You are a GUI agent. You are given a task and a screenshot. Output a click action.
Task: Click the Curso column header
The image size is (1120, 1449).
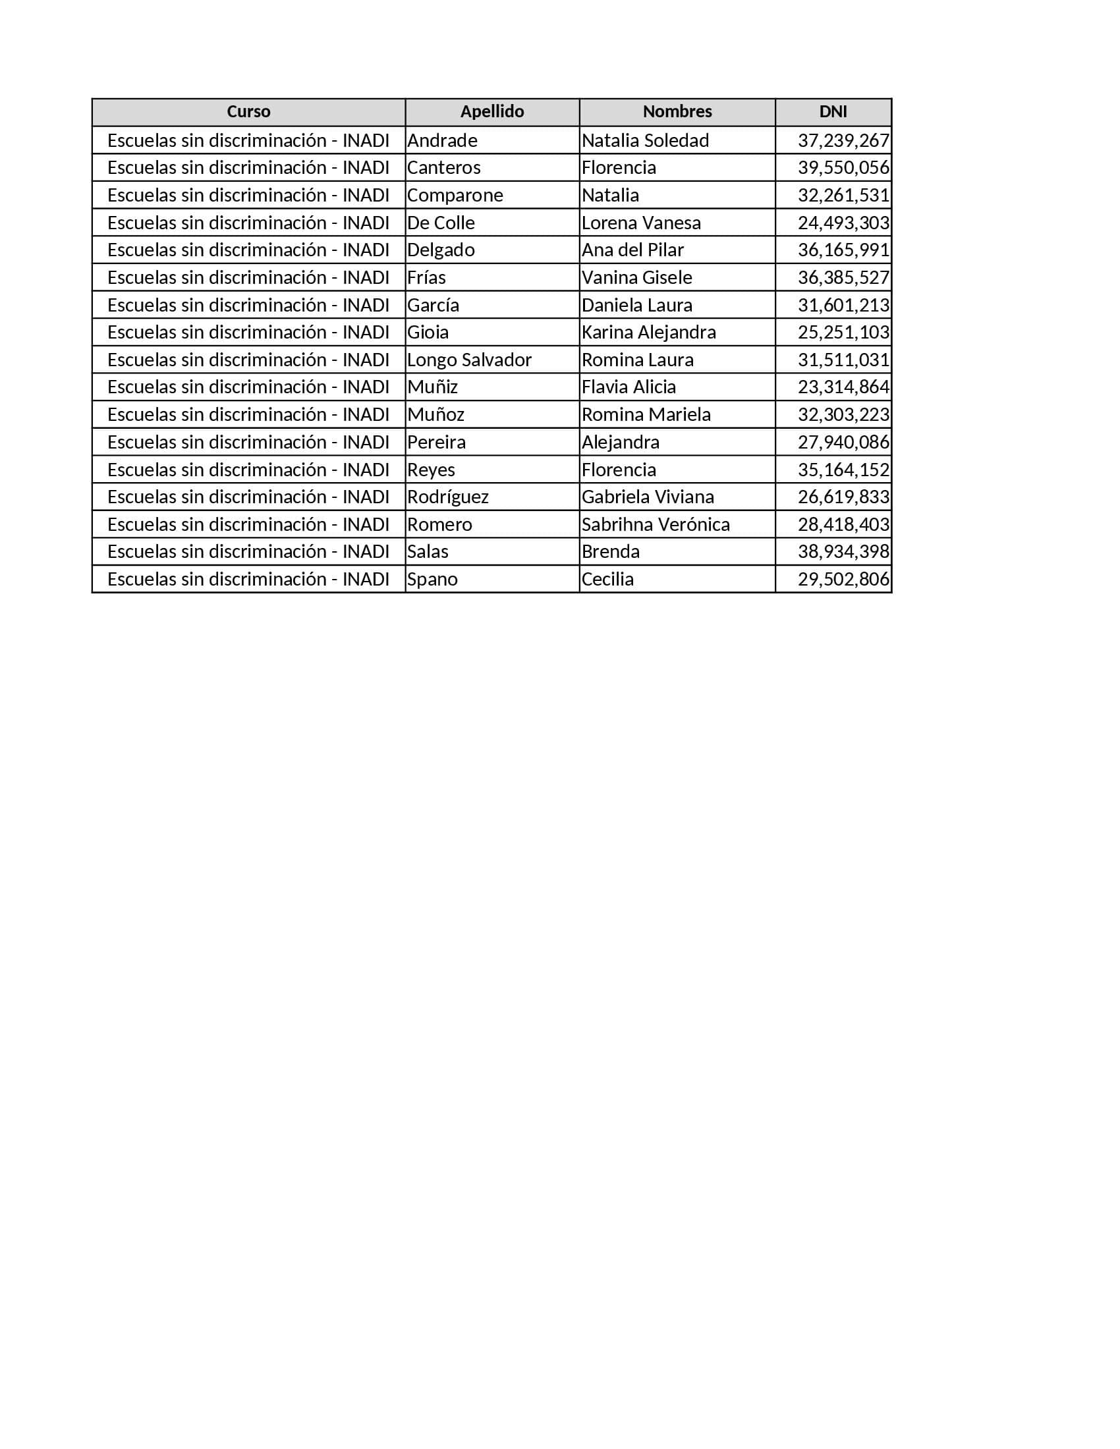[x=248, y=111]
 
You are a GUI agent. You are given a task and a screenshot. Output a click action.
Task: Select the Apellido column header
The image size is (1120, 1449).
[x=491, y=111]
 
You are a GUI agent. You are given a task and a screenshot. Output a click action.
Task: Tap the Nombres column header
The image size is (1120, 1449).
[x=677, y=111]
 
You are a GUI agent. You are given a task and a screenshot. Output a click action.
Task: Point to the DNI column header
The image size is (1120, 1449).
[x=833, y=111]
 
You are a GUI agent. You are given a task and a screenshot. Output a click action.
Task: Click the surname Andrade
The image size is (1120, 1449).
[x=442, y=141]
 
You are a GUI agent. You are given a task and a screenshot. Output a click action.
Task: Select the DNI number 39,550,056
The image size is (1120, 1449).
[x=843, y=168]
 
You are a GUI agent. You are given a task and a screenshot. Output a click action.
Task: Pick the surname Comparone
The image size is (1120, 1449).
[x=455, y=195]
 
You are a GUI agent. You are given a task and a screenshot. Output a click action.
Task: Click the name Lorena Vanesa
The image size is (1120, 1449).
[x=641, y=223]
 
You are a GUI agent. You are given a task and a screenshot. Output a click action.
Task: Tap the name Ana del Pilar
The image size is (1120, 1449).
[x=632, y=250]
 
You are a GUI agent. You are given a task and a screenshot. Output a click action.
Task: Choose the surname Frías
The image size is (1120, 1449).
[x=427, y=277]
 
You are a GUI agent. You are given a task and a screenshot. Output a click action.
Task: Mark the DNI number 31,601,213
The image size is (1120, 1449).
[x=843, y=305]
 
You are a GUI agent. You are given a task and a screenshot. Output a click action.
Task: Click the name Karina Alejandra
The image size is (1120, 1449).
[x=648, y=333]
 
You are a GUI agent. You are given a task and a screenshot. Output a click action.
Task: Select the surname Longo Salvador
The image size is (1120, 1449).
[x=469, y=360]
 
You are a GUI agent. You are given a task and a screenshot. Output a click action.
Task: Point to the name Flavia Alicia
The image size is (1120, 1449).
[x=629, y=387]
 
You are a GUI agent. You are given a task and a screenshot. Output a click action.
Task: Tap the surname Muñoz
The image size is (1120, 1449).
[x=435, y=415]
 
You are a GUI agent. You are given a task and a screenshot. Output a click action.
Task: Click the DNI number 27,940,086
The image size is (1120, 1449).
[x=843, y=442]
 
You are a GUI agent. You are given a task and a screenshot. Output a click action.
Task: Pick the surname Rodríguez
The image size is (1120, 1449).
[x=448, y=497]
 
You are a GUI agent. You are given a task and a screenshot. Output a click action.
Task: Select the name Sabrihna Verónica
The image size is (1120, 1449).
[x=656, y=525]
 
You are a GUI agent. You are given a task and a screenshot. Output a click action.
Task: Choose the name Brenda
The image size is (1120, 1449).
[x=611, y=552]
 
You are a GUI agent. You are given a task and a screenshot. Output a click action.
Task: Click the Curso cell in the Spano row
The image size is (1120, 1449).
[x=248, y=579]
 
